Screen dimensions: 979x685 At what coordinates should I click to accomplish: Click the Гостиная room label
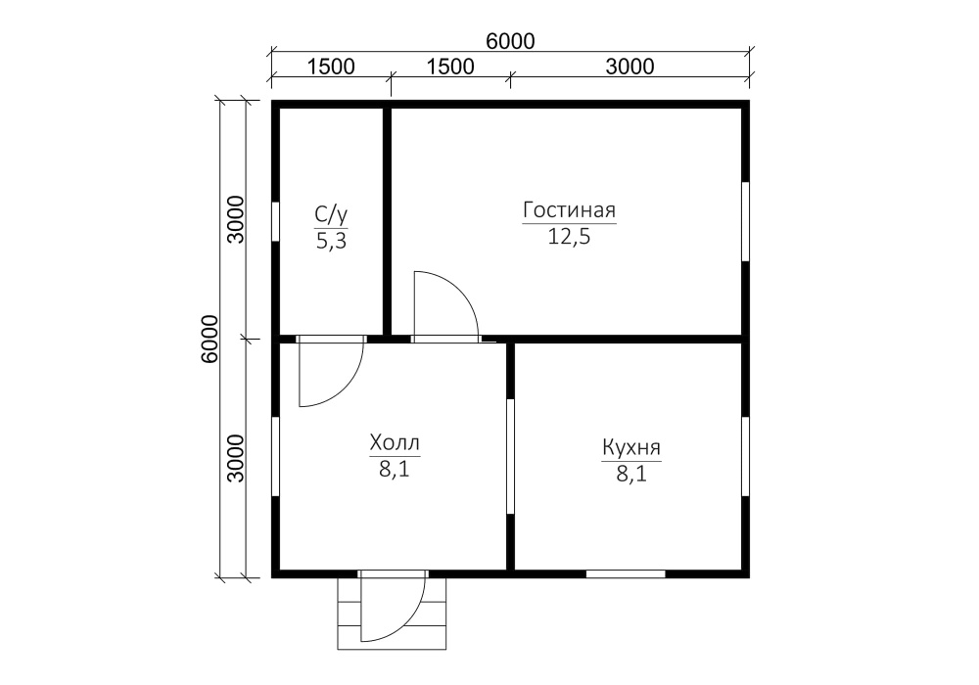(569, 210)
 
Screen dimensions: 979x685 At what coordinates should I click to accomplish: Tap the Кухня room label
(631, 447)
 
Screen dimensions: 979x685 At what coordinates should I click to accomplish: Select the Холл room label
(395, 443)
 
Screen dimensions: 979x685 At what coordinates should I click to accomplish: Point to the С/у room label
(331, 215)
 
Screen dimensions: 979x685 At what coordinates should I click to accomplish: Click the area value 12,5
(569, 237)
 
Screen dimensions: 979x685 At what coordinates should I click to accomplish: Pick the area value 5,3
(331, 241)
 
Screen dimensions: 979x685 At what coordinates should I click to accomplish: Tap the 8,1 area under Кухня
(631, 475)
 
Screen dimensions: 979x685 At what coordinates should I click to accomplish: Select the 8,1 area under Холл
(395, 469)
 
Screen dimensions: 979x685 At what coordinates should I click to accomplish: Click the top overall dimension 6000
(510, 41)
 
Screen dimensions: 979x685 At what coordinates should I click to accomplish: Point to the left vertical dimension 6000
(210, 339)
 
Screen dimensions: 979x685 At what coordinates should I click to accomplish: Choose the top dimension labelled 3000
(629, 67)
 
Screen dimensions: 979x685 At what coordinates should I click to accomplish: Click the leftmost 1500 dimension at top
(331, 67)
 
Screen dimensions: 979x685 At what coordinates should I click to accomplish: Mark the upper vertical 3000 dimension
(236, 219)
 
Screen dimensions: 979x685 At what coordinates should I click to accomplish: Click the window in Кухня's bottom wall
(626, 574)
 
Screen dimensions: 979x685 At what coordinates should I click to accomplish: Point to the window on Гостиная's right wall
(745, 221)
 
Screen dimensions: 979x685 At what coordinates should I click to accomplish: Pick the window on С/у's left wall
(275, 221)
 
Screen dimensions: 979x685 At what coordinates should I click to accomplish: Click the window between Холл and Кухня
(510, 456)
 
